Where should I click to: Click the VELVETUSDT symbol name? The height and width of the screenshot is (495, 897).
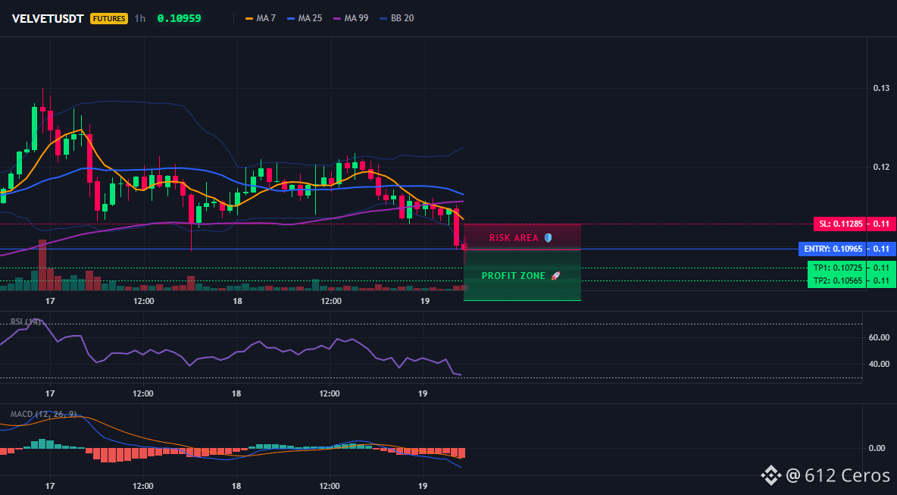point(48,18)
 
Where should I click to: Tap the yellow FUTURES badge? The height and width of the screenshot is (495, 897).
point(108,18)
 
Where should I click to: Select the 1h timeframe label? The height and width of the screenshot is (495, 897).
point(140,18)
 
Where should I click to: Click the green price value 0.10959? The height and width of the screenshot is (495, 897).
point(179,18)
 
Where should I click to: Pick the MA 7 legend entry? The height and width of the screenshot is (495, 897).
point(261,18)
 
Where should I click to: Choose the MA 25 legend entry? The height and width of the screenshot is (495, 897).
point(305,18)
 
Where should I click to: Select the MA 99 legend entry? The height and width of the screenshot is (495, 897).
point(352,18)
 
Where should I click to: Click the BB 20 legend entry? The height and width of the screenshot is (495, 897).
point(397,18)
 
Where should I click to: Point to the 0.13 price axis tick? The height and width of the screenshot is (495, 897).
point(881,88)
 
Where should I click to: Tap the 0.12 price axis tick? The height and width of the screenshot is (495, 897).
point(881,167)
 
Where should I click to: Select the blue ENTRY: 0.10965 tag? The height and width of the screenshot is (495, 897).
point(833,249)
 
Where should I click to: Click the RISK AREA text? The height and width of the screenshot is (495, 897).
point(514,238)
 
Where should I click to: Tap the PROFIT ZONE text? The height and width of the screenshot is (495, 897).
point(514,276)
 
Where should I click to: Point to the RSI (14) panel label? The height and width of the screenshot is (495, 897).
point(25,321)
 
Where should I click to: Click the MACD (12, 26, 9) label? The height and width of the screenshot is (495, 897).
point(43,414)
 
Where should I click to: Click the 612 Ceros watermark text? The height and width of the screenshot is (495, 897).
point(847,475)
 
